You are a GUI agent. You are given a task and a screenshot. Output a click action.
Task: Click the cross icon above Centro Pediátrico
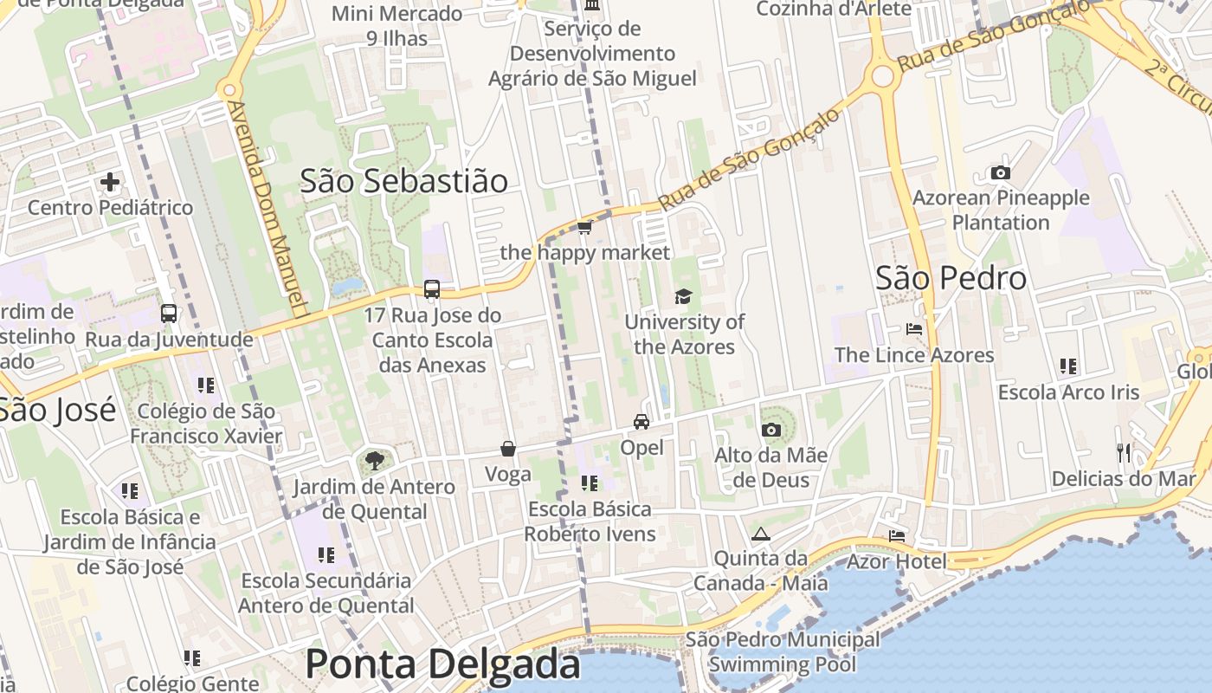coord(110,182)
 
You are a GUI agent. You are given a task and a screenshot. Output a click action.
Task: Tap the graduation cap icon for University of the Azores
coord(683,297)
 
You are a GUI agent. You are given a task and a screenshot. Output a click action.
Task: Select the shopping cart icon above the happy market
coord(584,228)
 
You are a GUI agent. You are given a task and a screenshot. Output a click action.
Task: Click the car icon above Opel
coord(641,422)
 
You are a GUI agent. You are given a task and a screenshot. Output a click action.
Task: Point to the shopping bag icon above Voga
coord(508,449)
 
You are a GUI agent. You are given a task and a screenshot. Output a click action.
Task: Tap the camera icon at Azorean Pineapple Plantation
coord(1001,172)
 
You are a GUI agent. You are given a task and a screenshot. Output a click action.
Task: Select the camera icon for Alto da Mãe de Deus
coord(770,430)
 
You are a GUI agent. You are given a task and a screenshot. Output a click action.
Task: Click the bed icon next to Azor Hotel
coord(897,536)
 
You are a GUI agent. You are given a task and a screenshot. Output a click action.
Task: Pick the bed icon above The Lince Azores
coord(914,329)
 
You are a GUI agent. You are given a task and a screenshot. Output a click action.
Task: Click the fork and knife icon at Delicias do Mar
coord(1124,452)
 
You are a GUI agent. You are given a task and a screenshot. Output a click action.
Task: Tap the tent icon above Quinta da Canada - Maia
coord(761,534)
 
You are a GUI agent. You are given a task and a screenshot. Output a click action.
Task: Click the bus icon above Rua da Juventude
coord(169,314)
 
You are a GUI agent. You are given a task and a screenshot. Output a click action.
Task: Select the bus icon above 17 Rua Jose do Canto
coord(432,289)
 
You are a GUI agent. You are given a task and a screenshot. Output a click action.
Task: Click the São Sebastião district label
coord(403,181)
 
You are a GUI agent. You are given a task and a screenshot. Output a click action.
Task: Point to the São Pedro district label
coord(951,278)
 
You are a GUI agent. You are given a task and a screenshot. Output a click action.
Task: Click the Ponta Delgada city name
coord(442,664)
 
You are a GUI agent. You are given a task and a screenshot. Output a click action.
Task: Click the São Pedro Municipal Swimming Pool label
coord(783,652)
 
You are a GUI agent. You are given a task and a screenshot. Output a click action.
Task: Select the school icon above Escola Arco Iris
coord(1068,366)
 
